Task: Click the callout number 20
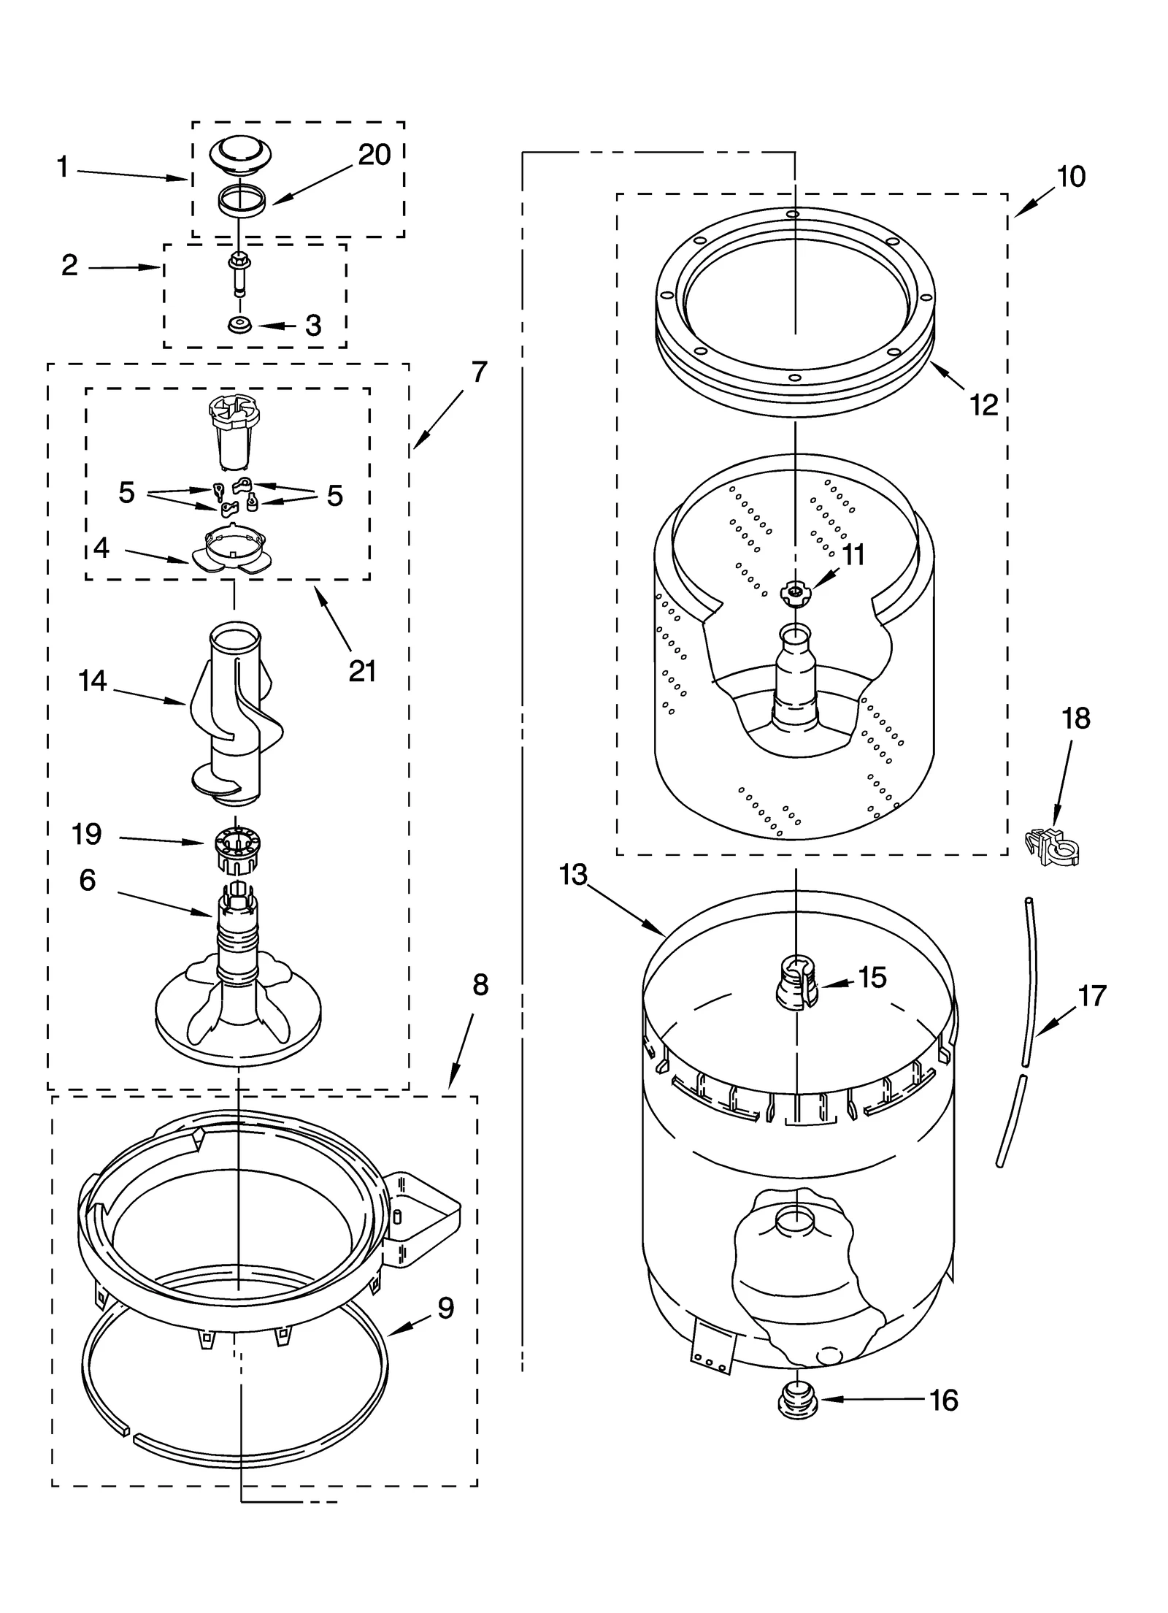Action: coord(374,155)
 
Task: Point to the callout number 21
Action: coord(362,670)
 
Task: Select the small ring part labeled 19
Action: coord(235,850)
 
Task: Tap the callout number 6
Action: coord(88,880)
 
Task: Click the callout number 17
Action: coord(1092,995)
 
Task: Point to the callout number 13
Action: coord(574,874)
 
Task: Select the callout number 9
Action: coord(445,1307)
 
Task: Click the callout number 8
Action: coord(480,985)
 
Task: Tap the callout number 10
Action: coord(1071,177)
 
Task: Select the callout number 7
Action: coord(478,372)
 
